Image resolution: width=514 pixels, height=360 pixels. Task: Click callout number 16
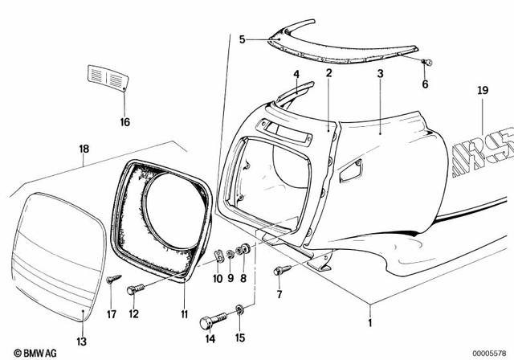tap(124, 122)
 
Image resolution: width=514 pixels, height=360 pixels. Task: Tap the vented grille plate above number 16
tap(108, 80)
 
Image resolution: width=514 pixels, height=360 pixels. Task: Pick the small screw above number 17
tap(112, 280)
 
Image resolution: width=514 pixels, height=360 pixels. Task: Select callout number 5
tap(243, 37)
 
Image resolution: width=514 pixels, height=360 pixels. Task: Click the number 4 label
tap(296, 74)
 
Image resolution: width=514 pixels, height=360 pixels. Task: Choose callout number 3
tap(380, 74)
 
